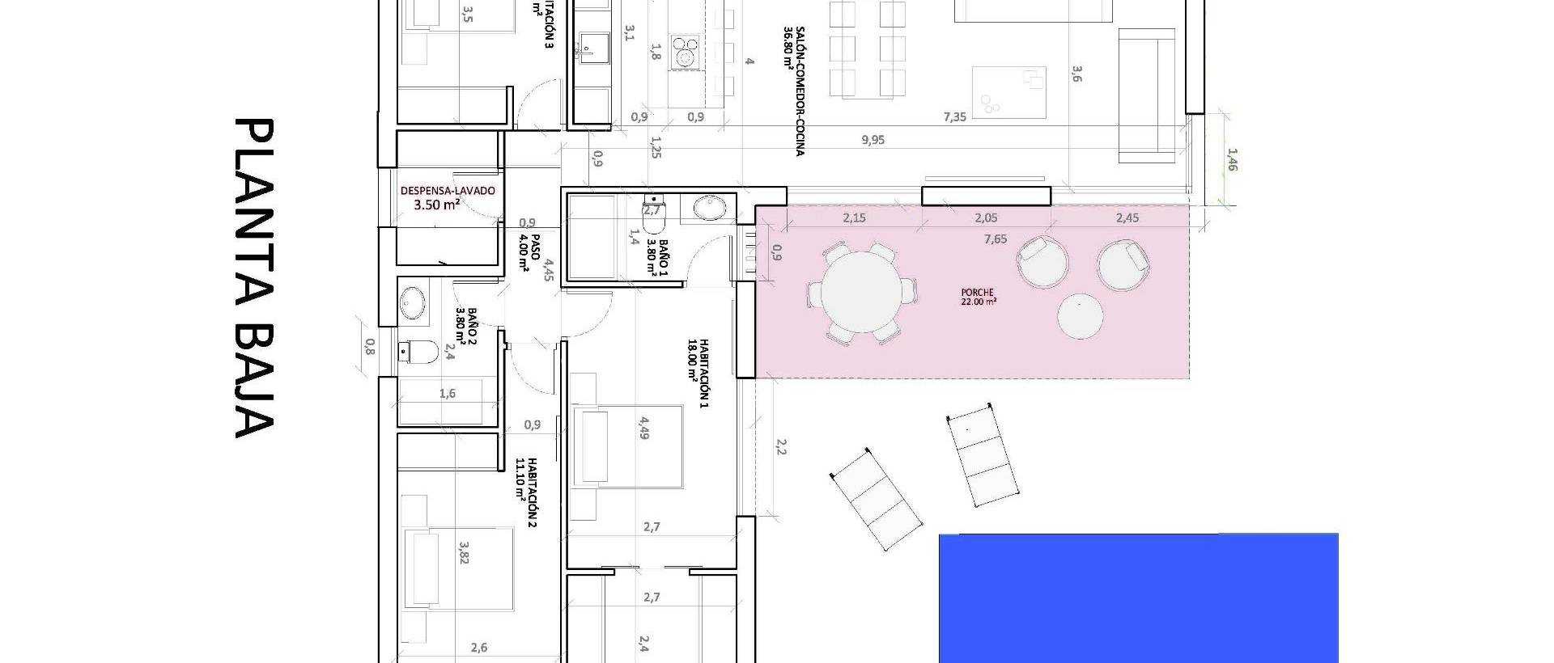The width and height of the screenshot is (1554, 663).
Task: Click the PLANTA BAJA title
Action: point(254,278)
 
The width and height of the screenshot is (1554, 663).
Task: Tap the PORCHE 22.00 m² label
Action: point(978,297)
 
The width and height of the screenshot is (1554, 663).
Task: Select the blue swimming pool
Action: point(1137,598)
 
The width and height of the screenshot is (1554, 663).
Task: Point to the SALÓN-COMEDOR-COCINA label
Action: point(793,89)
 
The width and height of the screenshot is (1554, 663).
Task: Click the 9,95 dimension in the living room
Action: point(873,140)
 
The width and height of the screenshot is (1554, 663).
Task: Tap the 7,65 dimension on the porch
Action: point(996,239)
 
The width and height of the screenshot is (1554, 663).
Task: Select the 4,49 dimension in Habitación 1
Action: point(644,429)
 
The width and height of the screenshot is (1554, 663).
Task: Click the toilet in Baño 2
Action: point(419,351)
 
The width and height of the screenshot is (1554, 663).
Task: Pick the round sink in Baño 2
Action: point(413,302)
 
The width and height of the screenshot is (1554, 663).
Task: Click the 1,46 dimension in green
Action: point(1232,159)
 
